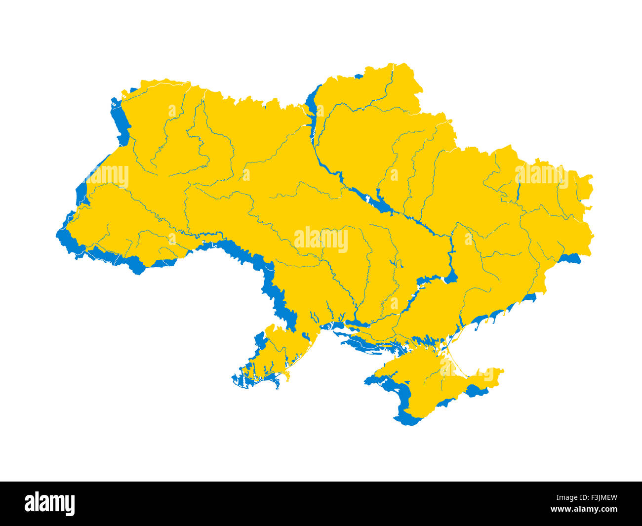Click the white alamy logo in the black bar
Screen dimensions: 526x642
[x=50, y=504]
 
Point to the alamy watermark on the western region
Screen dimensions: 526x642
[x=107, y=176]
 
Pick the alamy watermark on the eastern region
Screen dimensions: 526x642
[x=541, y=175]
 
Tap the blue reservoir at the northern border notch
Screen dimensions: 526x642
[x=312, y=101]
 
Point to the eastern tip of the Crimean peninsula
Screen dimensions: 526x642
[x=501, y=371]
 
